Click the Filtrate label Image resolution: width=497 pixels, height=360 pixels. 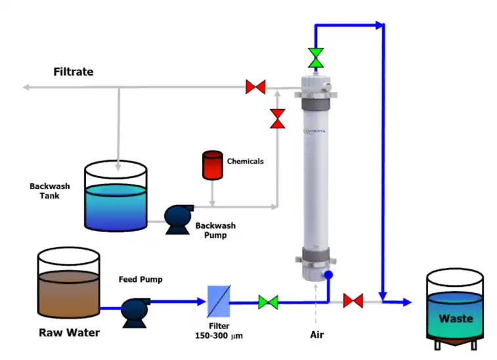[74, 72]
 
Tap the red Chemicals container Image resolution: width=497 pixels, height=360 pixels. [211, 165]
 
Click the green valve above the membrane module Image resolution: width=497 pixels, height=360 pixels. [316, 57]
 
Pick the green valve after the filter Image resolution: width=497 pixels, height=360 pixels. [268, 302]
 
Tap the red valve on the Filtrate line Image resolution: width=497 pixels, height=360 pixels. [255, 87]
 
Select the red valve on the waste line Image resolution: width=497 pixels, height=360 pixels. [353, 302]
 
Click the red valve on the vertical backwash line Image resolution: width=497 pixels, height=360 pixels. [278, 119]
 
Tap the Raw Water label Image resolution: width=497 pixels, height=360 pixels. [70, 332]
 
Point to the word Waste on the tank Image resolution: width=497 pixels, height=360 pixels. [456, 319]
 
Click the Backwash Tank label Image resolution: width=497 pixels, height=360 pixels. [50, 191]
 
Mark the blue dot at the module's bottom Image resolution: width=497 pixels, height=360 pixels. [328, 274]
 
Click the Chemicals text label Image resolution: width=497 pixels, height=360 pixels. [246, 161]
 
